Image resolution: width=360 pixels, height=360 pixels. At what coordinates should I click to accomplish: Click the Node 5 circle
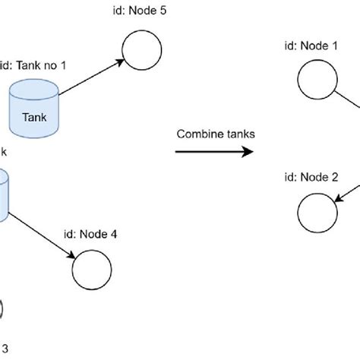pos(142,50)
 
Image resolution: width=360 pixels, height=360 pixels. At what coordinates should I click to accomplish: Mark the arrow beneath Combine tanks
pos(213,152)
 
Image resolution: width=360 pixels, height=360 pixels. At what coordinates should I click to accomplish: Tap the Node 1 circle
pos(316,81)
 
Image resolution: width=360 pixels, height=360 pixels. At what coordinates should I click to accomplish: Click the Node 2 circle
pos(316,213)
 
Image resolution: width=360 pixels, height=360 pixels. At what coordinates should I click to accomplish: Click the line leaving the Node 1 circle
pos(346,97)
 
